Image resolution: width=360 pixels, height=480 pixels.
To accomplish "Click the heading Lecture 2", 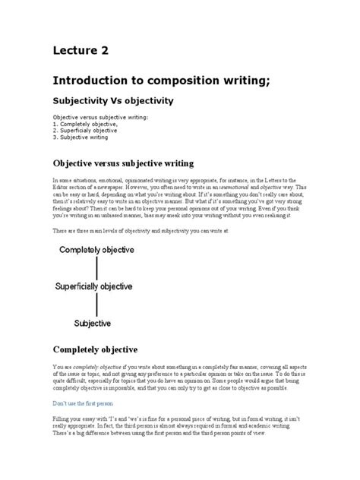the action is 81,51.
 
